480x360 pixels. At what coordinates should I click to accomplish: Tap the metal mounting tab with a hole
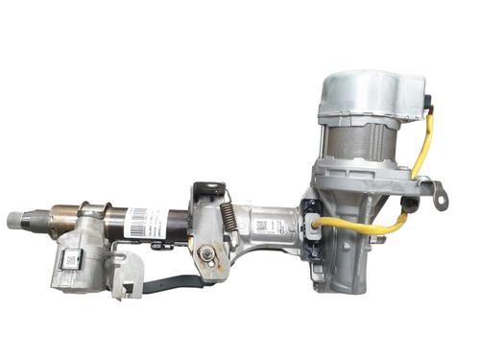438,199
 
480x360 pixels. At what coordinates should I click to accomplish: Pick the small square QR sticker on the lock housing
71,259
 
